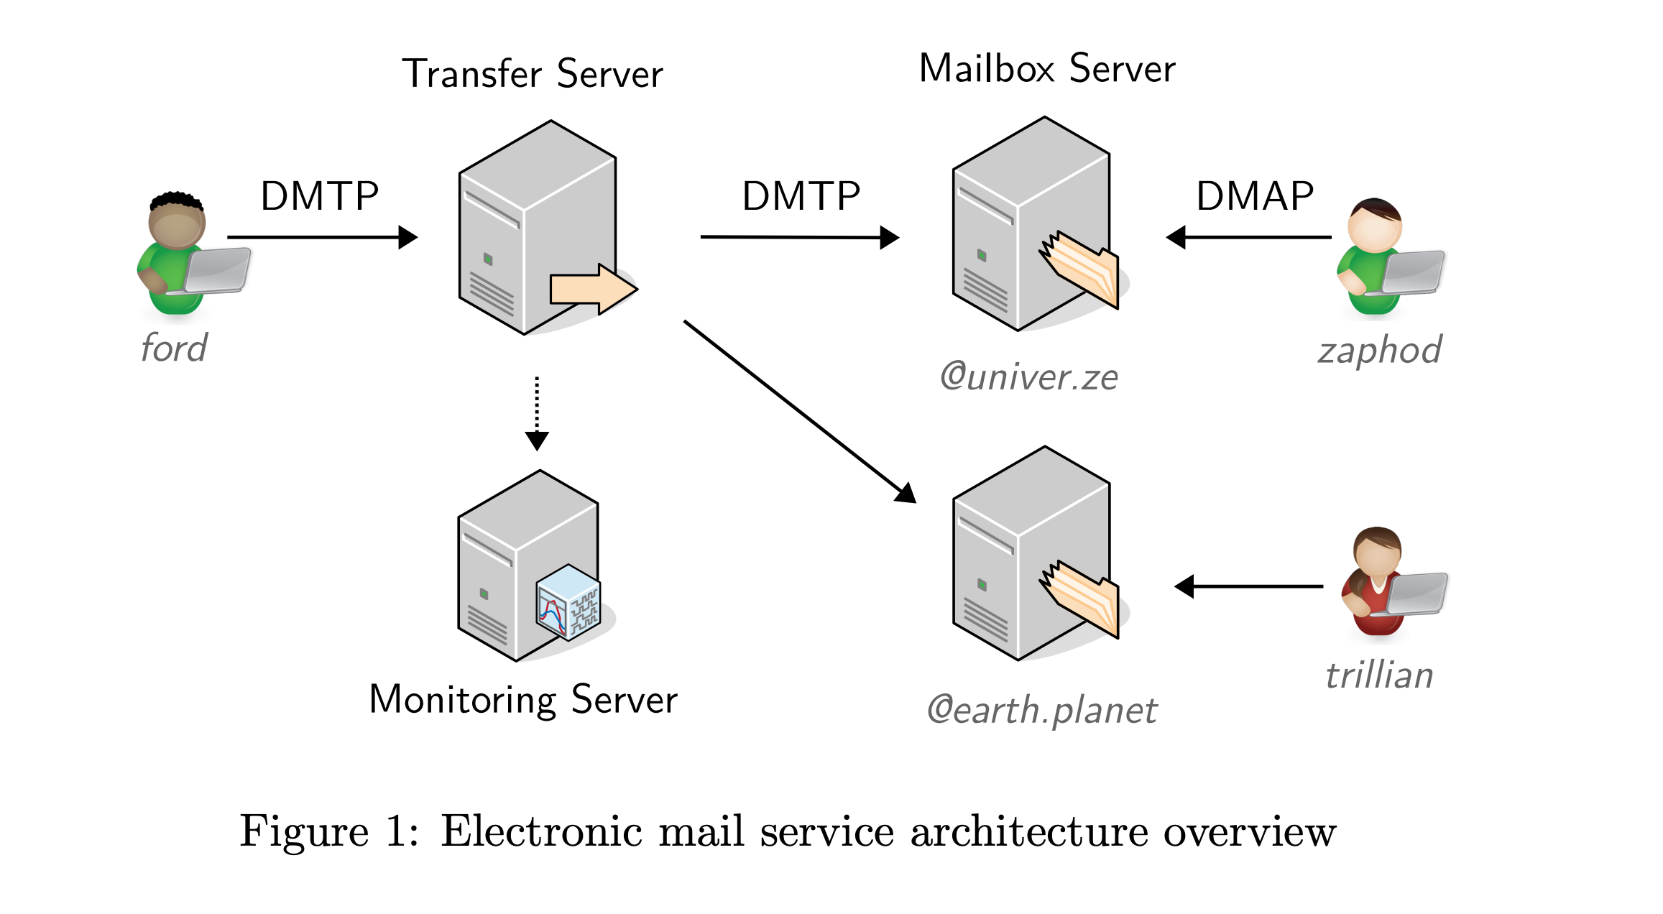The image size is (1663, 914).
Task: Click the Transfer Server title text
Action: pyautogui.click(x=532, y=74)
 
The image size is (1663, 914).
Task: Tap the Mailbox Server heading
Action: pyautogui.click(x=1046, y=69)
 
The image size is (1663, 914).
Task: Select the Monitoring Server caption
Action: pyautogui.click(x=522, y=699)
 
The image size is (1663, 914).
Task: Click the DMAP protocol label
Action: pyautogui.click(x=1254, y=196)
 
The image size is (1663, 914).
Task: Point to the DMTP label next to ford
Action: pyautogui.click(x=319, y=196)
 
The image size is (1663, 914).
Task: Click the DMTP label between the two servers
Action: pyautogui.click(x=801, y=196)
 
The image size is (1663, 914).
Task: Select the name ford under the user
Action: pyautogui.click(x=174, y=348)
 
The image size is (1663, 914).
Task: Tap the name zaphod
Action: pyautogui.click(x=1379, y=351)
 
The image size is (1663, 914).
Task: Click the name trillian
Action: pyautogui.click(x=1379, y=675)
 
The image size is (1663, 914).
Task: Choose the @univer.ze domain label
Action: pyautogui.click(x=1029, y=377)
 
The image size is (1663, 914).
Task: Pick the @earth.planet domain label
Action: pyautogui.click(x=1041, y=710)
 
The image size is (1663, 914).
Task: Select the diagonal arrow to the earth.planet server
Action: pyautogui.click(x=798, y=410)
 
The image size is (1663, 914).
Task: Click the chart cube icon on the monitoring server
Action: pyautogui.click(x=568, y=602)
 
